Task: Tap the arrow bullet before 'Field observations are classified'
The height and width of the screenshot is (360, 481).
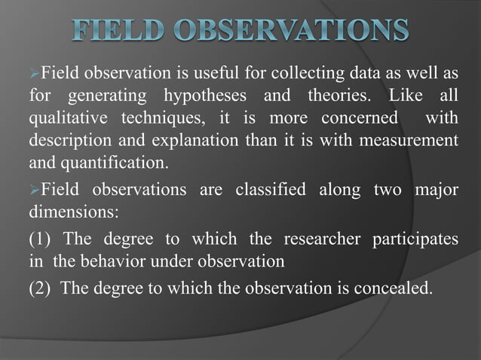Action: (34, 190)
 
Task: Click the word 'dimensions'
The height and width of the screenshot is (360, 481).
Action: (72, 212)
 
